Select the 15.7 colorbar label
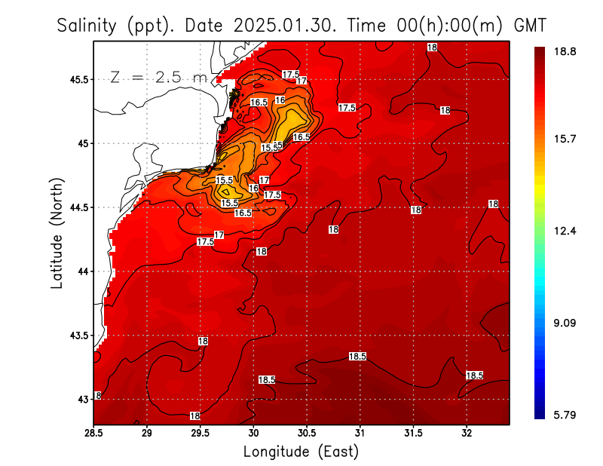[565, 139]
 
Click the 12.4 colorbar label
[565, 231]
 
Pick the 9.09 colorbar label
[565, 323]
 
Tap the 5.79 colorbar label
[565, 414]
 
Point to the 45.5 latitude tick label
[76, 79]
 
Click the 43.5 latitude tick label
[76, 335]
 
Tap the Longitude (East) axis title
[301, 452]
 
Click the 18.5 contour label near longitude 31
[357, 356]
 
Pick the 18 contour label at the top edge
[432, 47]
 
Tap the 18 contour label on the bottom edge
[194, 415]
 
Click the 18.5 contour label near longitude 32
[474, 375]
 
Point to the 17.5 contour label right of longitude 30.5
[347, 108]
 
